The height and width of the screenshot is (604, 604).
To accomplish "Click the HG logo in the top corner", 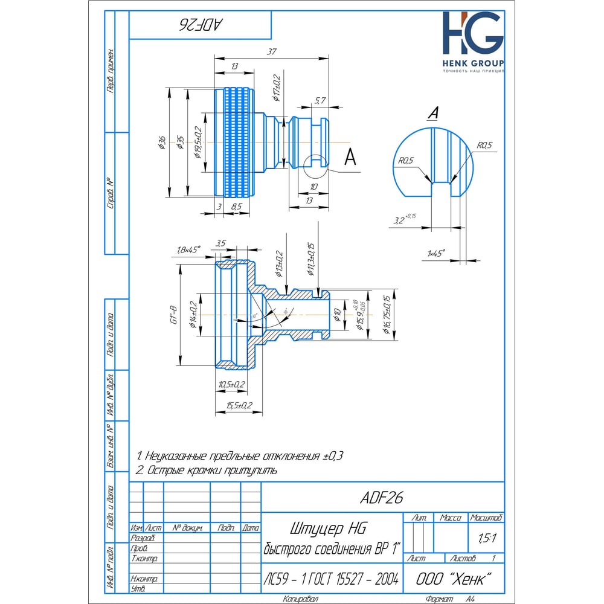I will click(472, 35).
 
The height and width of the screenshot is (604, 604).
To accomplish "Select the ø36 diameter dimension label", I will click(162, 143).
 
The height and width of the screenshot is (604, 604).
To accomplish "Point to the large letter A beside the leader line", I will click(349, 157).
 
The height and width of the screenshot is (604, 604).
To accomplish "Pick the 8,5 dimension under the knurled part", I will click(237, 207).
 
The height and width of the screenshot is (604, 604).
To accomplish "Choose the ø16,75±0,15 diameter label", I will click(386, 315).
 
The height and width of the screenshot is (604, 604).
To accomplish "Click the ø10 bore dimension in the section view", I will click(336, 314).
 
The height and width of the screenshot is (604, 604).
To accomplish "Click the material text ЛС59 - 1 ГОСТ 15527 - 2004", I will click(331, 579).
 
